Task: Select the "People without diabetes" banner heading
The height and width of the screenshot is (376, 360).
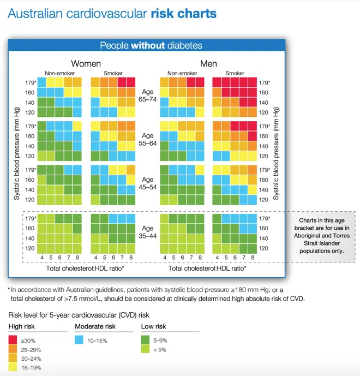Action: (x=151, y=46)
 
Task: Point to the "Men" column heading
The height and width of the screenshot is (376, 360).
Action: (x=208, y=63)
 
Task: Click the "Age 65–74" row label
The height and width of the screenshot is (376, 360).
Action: (x=148, y=97)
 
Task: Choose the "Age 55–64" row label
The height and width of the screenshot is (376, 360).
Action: (x=148, y=140)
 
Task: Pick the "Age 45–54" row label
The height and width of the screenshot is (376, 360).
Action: (x=148, y=184)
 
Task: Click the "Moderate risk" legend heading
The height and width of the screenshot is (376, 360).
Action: (x=95, y=326)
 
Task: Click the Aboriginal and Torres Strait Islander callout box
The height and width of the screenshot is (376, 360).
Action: (x=322, y=232)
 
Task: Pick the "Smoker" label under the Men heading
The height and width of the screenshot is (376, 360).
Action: (x=235, y=73)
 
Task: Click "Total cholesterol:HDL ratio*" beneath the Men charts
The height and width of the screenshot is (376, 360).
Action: (x=207, y=268)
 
